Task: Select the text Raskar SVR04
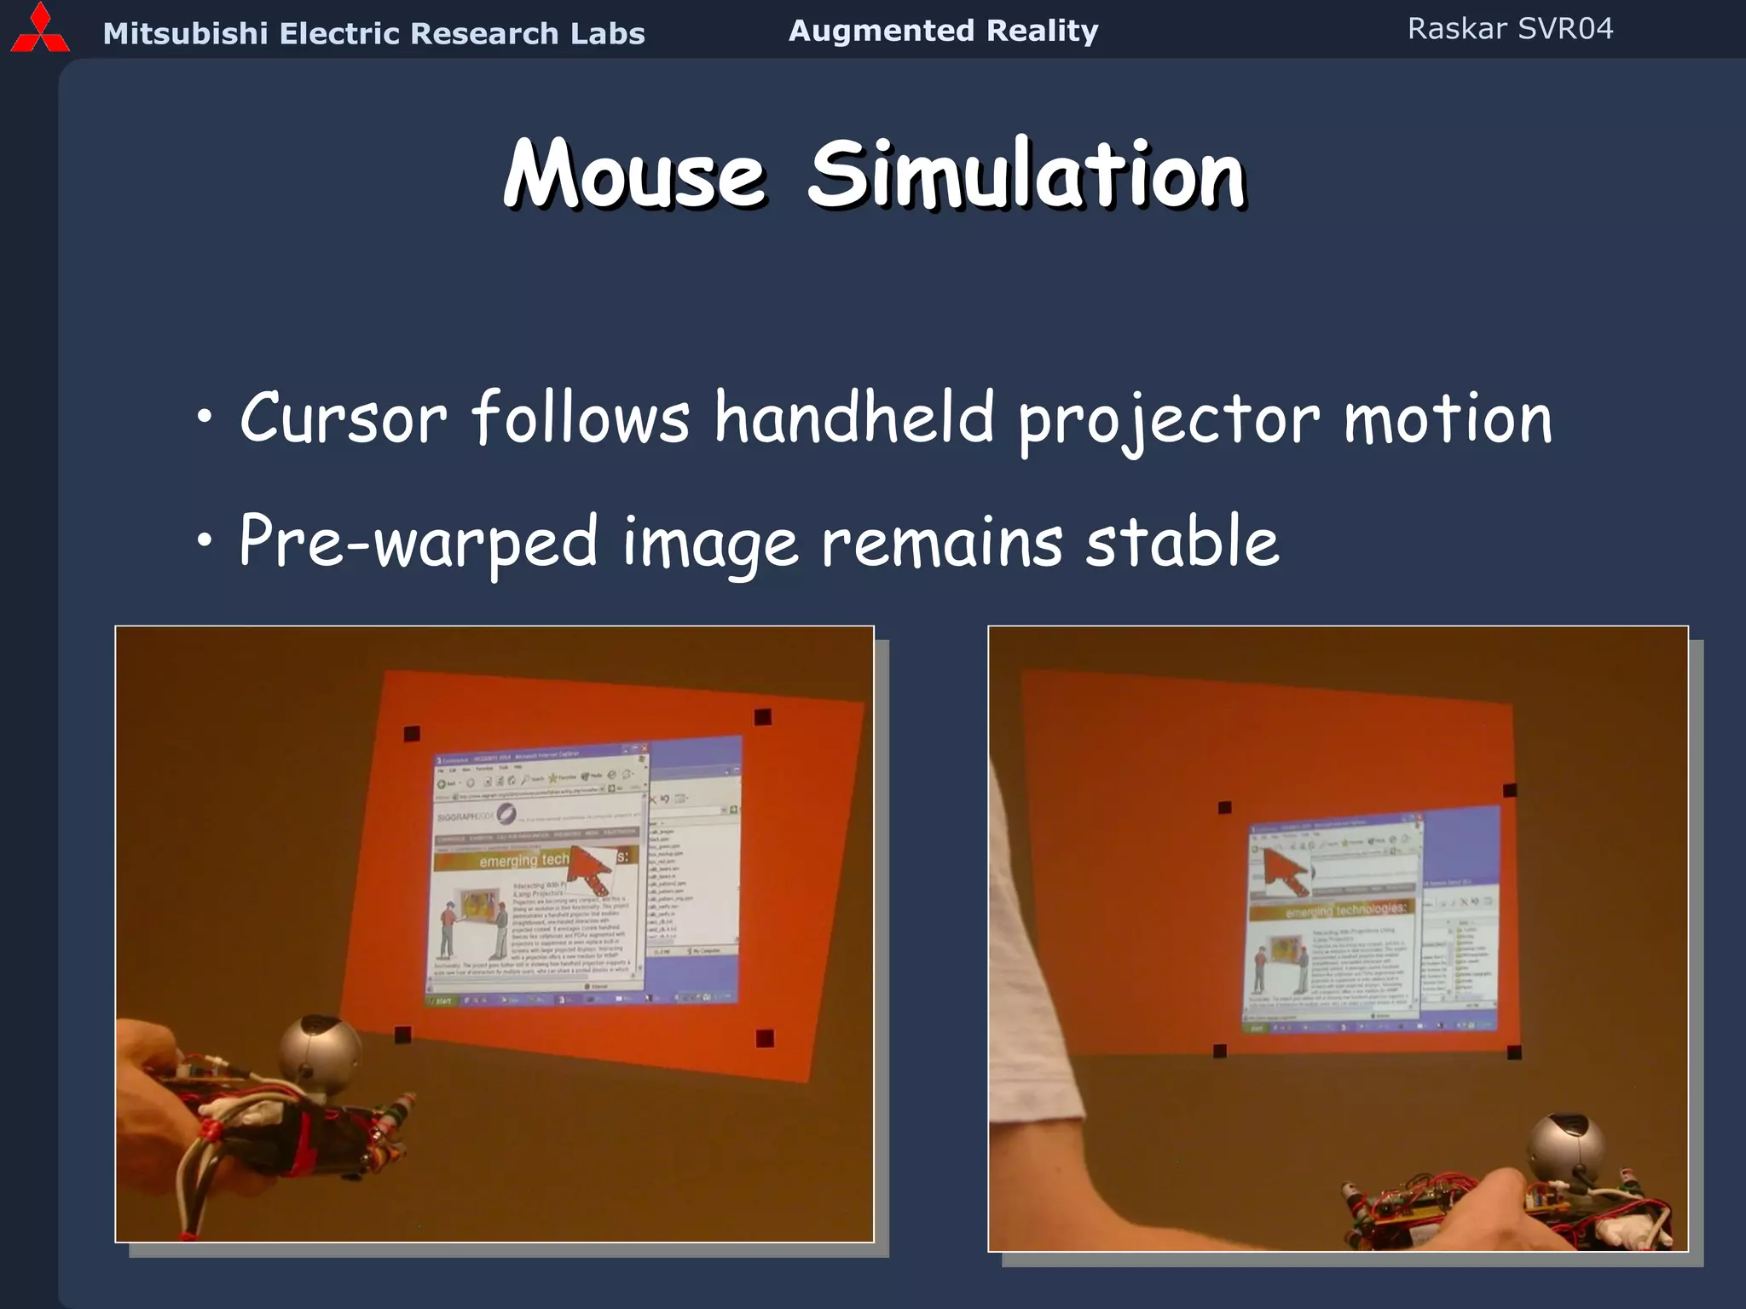click(x=1510, y=29)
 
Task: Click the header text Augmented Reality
click(x=943, y=31)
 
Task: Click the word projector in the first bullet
click(x=1169, y=419)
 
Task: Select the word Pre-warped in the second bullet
click(x=419, y=542)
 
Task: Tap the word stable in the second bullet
click(x=1182, y=542)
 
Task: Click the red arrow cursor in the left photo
click(x=588, y=868)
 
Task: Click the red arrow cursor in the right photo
click(x=1284, y=870)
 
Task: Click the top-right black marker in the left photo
click(x=763, y=717)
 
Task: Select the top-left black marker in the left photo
click(x=412, y=734)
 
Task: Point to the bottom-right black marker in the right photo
click(x=1514, y=1052)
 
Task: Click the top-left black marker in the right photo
click(x=1225, y=807)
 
